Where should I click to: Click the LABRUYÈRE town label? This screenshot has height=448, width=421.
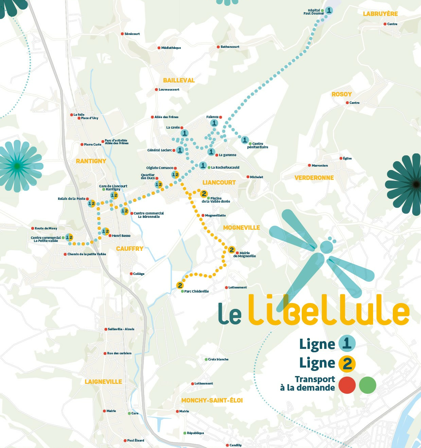pos(380,14)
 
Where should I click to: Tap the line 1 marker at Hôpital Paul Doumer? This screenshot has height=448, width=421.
pos(329,11)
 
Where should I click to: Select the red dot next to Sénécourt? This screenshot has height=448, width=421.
pos(122,34)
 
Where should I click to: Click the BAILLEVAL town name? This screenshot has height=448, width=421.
pos(179,80)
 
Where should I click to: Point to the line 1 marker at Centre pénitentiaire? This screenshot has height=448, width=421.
pos(245,140)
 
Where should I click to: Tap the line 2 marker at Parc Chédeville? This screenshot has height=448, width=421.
pos(180,285)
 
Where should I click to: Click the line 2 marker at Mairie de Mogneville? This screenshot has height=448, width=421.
pos(231,250)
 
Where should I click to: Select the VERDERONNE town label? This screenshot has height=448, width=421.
pos(314,178)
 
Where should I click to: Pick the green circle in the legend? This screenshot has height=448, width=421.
pos(368,385)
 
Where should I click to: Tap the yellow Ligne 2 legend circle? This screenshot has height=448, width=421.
pos(347,363)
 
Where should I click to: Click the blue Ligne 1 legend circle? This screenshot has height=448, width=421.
pos(347,343)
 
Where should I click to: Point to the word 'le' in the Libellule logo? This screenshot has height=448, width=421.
pos(230,314)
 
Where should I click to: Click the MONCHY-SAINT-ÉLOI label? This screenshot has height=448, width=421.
pos(212,400)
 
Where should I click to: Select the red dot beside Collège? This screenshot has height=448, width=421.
pos(131,274)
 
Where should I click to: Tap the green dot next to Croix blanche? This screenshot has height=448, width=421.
pos(206,359)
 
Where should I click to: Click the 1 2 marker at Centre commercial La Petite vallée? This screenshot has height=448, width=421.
pos(69,237)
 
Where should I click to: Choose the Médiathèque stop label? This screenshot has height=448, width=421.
pos(171,48)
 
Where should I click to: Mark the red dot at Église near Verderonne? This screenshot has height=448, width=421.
pos(341,158)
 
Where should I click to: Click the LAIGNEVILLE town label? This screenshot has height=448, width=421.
pos(103,382)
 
